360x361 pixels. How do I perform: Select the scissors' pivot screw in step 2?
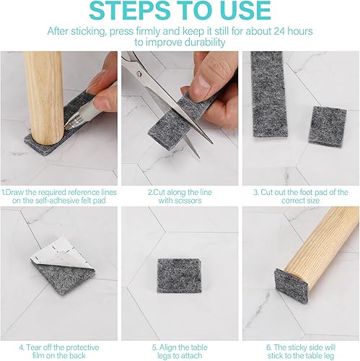click(139, 74)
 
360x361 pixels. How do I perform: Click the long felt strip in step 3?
click(269, 94)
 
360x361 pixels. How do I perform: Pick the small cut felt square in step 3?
click(328, 126)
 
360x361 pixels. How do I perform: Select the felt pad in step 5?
click(180, 276)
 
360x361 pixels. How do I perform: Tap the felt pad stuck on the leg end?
click(290, 285)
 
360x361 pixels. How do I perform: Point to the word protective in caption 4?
click(82, 348)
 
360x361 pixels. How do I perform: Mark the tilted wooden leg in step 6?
click(322, 251)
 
